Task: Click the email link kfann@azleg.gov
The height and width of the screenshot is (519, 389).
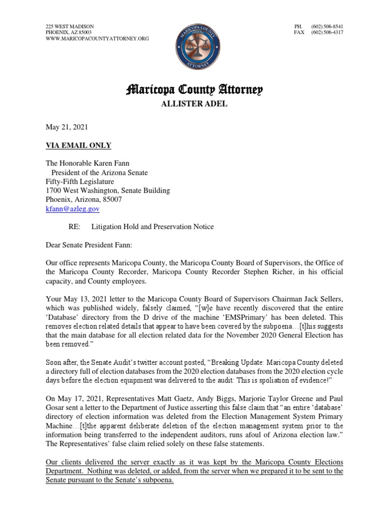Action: click(72, 209)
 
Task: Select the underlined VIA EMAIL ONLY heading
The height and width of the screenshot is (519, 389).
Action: click(78, 145)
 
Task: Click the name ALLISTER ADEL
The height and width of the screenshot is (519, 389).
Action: click(194, 104)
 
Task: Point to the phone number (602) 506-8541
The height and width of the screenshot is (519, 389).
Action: click(328, 26)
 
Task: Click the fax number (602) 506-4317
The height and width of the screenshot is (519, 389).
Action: click(328, 32)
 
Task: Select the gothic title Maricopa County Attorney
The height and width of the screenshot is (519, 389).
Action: click(194, 91)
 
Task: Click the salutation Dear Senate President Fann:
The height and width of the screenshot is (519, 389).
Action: click(90, 245)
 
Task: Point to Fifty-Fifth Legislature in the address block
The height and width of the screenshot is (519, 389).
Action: click(80, 181)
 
